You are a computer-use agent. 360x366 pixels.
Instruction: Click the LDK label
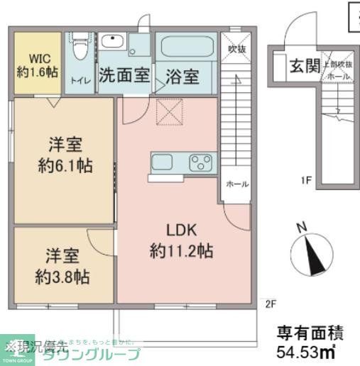(181, 231)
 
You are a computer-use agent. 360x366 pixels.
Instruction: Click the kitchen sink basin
(163, 162)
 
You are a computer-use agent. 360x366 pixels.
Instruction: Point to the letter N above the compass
(301, 228)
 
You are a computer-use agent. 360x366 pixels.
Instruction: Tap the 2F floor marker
(270, 305)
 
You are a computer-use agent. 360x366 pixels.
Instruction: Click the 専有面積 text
(310, 331)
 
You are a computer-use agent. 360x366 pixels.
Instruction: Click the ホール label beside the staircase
(236, 184)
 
